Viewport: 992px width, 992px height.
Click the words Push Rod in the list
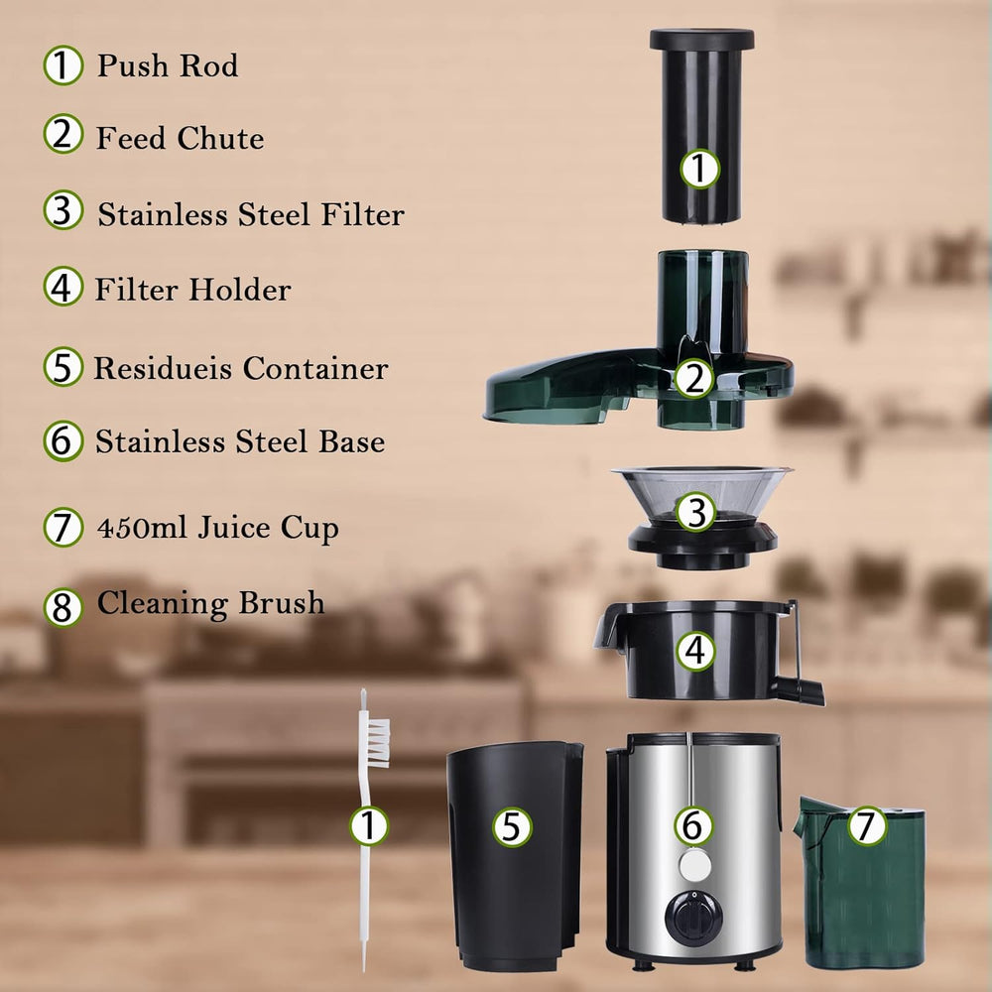click(167, 66)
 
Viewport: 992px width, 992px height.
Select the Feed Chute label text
click(180, 138)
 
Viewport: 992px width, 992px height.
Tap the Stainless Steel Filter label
click(250, 213)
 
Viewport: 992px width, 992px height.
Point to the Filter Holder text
click(192, 290)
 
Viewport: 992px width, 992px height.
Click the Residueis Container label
click(240, 368)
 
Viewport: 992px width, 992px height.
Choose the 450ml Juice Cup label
click(217, 528)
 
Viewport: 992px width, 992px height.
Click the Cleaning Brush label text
click(210, 603)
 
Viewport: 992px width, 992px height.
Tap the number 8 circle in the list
click(62, 607)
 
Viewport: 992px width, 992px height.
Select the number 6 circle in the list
click(62, 441)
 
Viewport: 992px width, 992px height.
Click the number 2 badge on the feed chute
click(694, 378)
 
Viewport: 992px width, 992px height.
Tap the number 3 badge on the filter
click(696, 513)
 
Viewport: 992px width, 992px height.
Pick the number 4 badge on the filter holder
click(696, 652)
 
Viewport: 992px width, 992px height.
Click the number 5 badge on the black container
click(512, 826)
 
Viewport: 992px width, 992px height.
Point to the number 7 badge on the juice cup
click(867, 825)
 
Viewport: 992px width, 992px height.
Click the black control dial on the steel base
click(689, 916)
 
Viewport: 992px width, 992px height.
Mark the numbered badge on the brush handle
click(369, 825)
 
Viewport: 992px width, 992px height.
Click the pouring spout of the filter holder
click(607, 631)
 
